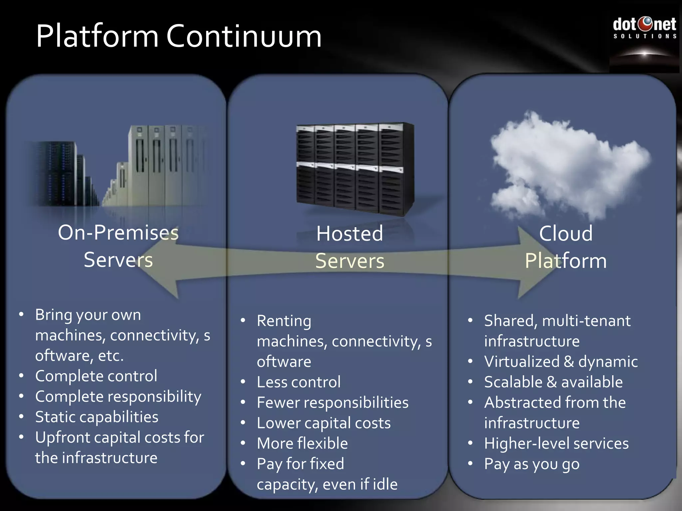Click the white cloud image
click(x=566, y=165)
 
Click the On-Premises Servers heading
click(x=118, y=246)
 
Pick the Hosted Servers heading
click(x=350, y=247)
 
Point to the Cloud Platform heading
click(x=566, y=247)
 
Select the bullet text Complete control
click(x=96, y=376)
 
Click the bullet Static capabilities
click(x=97, y=417)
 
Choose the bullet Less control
click(x=299, y=382)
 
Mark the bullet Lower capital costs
click(x=323, y=423)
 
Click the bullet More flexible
click(x=302, y=443)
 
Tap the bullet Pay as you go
click(x=531, y=464)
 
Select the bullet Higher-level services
click(x=556, y=443)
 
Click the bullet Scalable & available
click(x=553, y=382)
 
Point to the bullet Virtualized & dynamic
click(x=561, y=362)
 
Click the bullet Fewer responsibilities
click(x=332, y=403)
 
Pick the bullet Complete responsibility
click(x=118, y=397)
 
